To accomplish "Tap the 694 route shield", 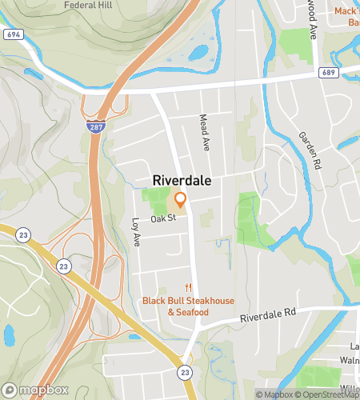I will pyautogui.click(x=13, y=35).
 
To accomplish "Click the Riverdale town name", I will pyautogui.click(x=182, y=181).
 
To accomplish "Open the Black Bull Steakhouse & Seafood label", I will pyautogui.click(x=189, y=306).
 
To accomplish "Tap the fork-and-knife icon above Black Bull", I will pyautogui.click(x=189, y=288).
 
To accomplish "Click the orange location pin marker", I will pyautogui.click(x=181, y=199).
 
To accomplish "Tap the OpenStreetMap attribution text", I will pyautogui.click(x=329, y=394).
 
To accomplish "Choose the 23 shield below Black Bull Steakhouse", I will pyautogui.click(x=185, y=372).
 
